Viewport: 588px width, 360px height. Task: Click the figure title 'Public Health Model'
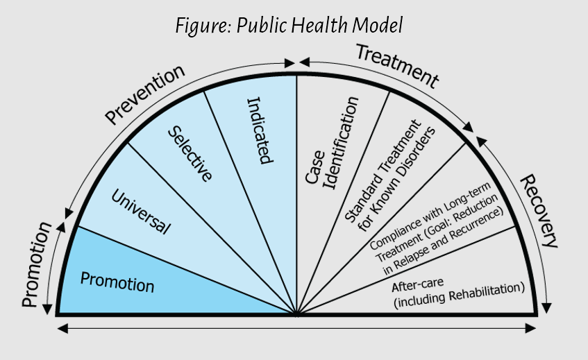click(x=320, y=26)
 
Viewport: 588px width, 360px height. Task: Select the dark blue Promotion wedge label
click(x=117, y=282)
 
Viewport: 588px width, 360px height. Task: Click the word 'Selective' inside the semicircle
click(x=192, y=153)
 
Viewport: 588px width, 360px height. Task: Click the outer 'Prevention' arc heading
click(x=145, y=93)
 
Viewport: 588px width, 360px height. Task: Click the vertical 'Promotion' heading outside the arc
click(x=32, y=264)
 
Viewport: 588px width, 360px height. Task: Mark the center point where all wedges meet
click(x=297, y=314)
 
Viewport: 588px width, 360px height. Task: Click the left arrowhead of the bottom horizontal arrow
click(x=60, y=327)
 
